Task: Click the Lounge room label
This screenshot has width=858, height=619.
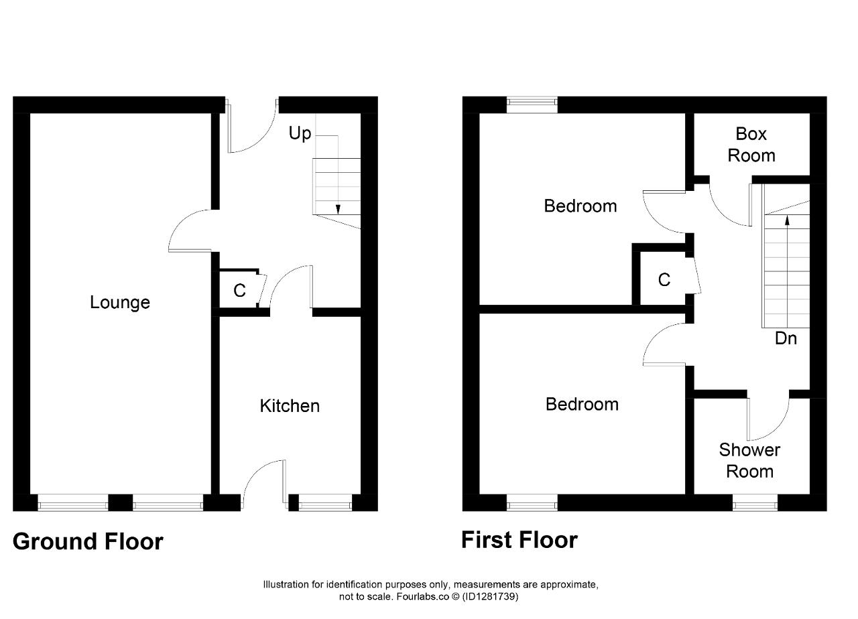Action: click(120, 303)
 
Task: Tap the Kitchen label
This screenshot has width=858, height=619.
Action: click(290, 406)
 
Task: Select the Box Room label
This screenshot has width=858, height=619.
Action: click(751, 145)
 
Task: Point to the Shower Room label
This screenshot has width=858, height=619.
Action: click(749, 460)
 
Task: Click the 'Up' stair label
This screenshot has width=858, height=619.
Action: click(300, 134)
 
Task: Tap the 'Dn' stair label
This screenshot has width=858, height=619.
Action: click(786, 338)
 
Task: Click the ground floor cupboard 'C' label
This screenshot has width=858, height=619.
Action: click(239, 291)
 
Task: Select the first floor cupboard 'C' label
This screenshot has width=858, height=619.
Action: click(664, 280)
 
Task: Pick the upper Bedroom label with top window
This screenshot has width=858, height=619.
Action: click(580, 206)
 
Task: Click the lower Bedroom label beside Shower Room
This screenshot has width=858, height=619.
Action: click(582, 404)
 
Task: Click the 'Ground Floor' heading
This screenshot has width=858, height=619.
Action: click(88, 542)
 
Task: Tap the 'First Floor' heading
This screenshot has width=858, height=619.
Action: click(519, 540)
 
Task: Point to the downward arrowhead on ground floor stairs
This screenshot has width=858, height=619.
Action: click(338, 210)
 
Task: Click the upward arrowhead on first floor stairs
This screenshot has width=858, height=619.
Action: click(788, 220)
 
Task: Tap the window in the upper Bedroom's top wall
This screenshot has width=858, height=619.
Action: click(532, 105)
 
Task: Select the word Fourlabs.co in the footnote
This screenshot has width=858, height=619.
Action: click(422, 596)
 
